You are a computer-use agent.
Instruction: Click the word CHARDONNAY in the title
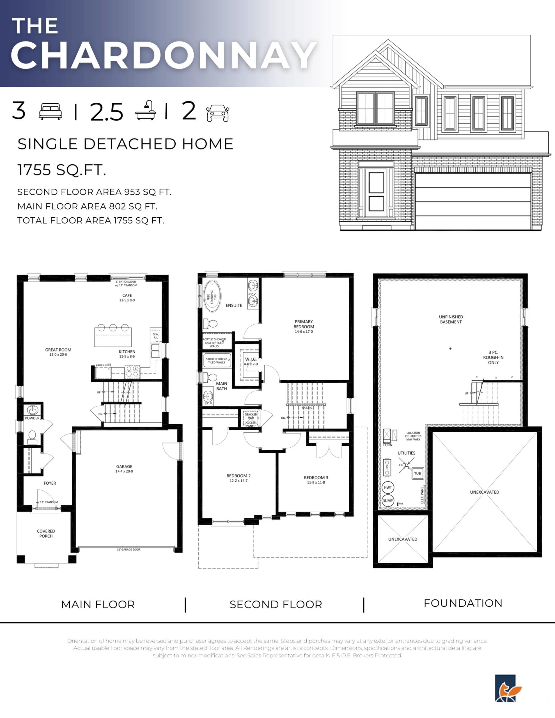[x=164, y=56]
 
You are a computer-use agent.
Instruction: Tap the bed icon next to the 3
[x=50, y=112]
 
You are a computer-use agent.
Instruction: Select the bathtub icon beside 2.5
[x=145, y=111]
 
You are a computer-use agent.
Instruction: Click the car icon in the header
[x=217, y=113]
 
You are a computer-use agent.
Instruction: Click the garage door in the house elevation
[x=473, y=201]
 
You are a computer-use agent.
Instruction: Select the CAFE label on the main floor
[x=127, y=296]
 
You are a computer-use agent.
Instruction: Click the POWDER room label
[x=32, y=418]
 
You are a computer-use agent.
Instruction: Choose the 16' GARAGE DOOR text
[x=128, y=549]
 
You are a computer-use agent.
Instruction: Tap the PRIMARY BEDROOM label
[x=304, y=324]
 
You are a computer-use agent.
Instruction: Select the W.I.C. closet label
[x=251, y=359]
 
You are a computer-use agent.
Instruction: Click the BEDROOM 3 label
[x=316, y=478]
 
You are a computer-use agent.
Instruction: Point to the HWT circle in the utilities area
[x=388, y=487]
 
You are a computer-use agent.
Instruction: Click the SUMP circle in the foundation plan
[x=387, y=501]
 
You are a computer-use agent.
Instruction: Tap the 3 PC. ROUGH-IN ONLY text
[x=493, y=357]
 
